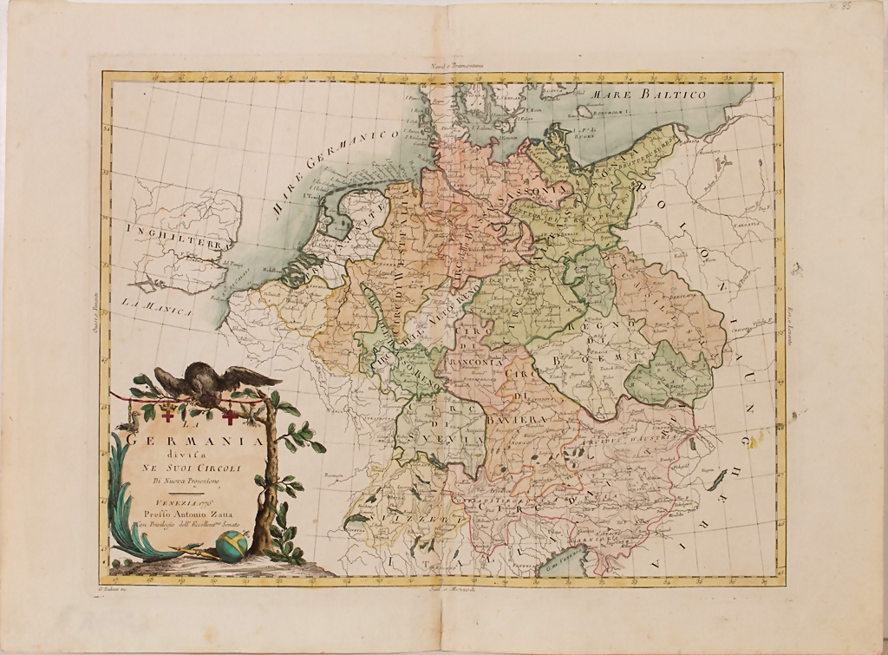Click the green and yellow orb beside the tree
(x=232, y=545)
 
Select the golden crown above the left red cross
(x=168, y=403)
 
